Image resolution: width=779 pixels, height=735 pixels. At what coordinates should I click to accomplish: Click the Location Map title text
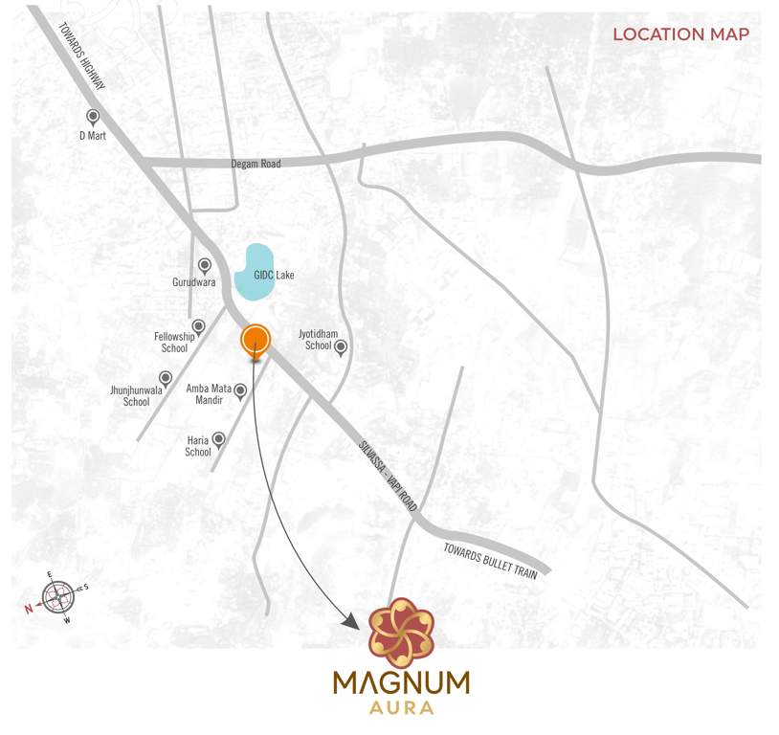point(680,34)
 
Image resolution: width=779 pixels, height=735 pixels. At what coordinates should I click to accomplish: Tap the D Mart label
point(94,136)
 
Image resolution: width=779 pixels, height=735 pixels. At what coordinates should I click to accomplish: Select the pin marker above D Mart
point(93,117)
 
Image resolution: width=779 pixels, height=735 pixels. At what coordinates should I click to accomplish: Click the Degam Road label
point(256,165)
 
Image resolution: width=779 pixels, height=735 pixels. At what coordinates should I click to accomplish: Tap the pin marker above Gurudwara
point(204,265)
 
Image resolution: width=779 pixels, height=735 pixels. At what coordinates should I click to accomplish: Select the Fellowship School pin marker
point(198,326)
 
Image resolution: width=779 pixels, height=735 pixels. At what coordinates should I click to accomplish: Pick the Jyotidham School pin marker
point(339,347)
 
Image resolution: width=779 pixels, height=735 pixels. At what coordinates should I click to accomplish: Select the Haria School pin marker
point(219,439)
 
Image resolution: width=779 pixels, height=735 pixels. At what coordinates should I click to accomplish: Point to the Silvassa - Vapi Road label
point(387,479)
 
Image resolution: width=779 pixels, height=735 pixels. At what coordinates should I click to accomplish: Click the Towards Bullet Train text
point(491,559)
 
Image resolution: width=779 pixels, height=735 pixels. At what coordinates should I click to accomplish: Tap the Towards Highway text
point(84,57)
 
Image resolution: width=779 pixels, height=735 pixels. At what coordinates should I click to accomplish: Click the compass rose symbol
point(58,597)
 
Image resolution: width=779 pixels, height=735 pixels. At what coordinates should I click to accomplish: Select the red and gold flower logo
point(401,630)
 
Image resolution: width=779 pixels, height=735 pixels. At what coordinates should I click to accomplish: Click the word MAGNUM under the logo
point(401,683)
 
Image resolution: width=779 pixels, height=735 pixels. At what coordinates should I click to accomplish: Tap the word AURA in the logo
point(401,709)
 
